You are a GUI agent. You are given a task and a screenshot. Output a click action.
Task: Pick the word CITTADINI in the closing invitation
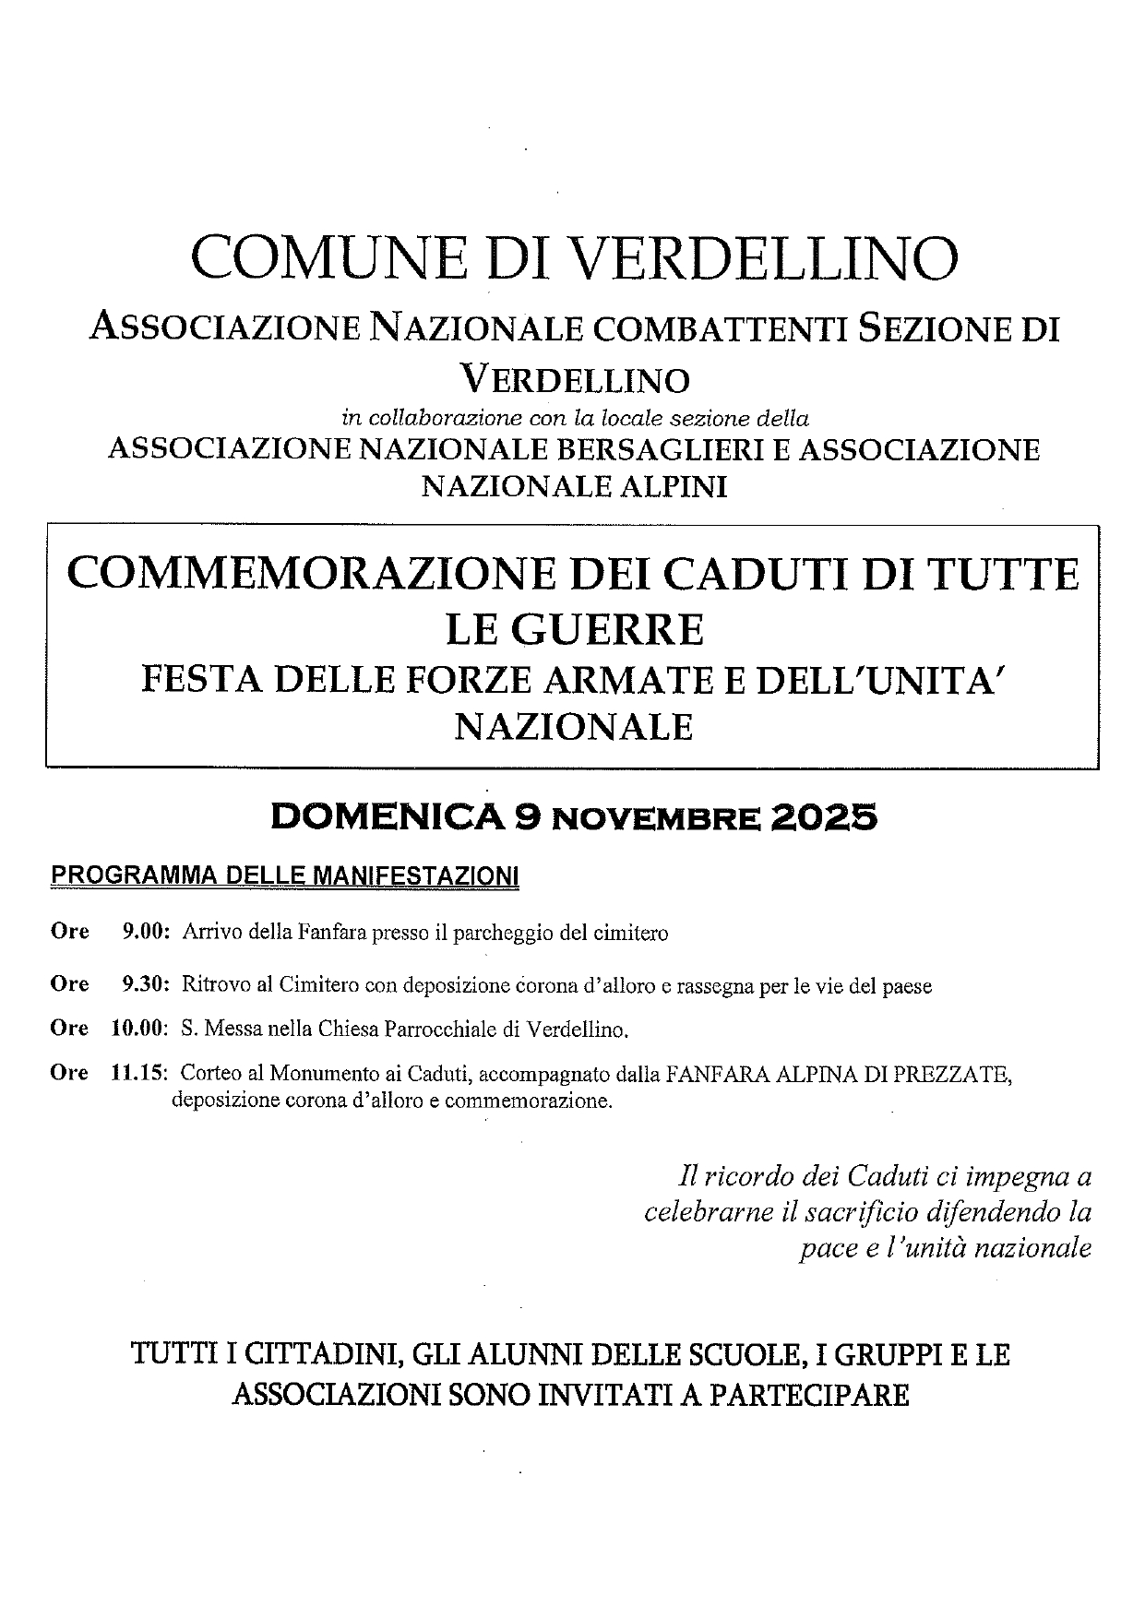pos(315,1355)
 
